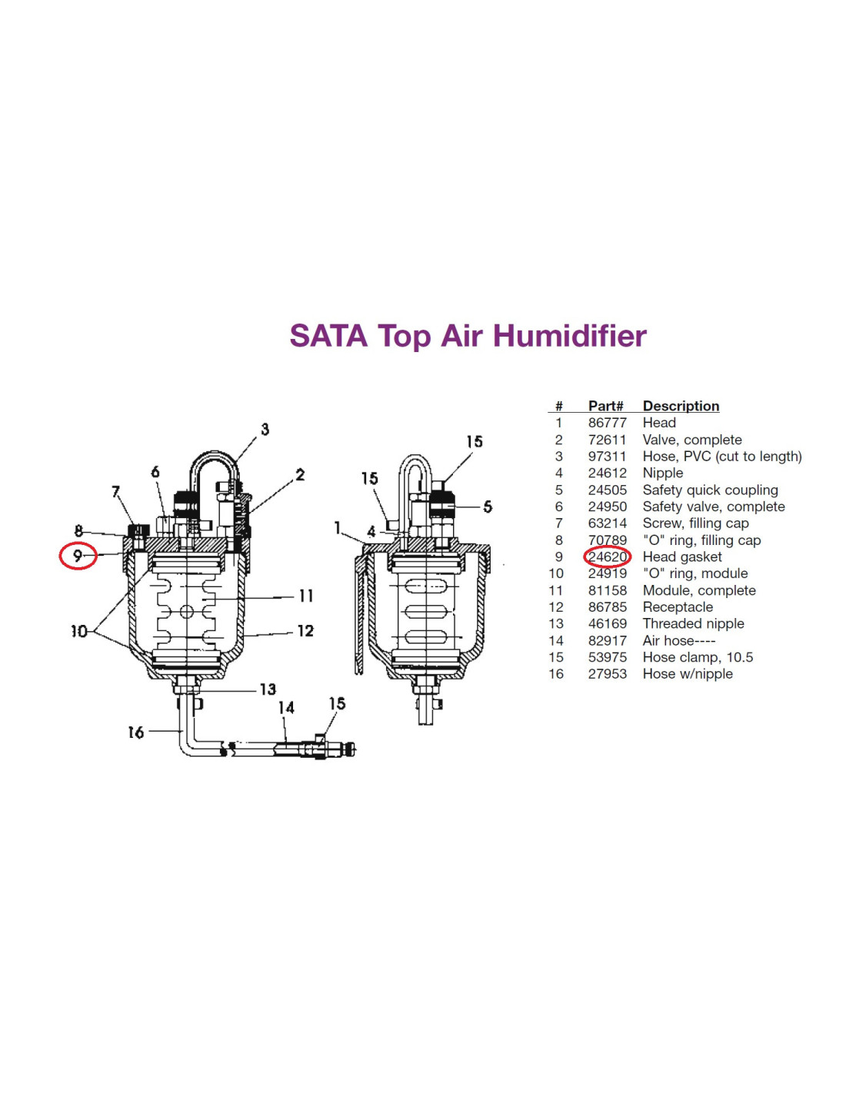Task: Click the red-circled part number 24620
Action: (607, 556)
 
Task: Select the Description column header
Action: (681, 406)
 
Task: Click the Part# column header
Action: (605, 406)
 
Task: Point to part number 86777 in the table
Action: (607, 423)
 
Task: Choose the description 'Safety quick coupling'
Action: (710, 490)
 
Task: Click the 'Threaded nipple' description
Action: (692, 623)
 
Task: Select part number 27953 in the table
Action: (607, 673)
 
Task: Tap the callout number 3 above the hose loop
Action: (265, 429)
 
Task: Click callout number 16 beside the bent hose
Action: (136, 733)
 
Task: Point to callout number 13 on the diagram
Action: (268, 689)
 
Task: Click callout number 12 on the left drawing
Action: (305, 631)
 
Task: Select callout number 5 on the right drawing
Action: (487, 507)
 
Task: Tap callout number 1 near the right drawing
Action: (337, 527)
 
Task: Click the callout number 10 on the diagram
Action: (79, 631)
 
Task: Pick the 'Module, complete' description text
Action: (698, 590)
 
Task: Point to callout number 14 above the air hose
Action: (286, 708)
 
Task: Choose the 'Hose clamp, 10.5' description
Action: (697, 657)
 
